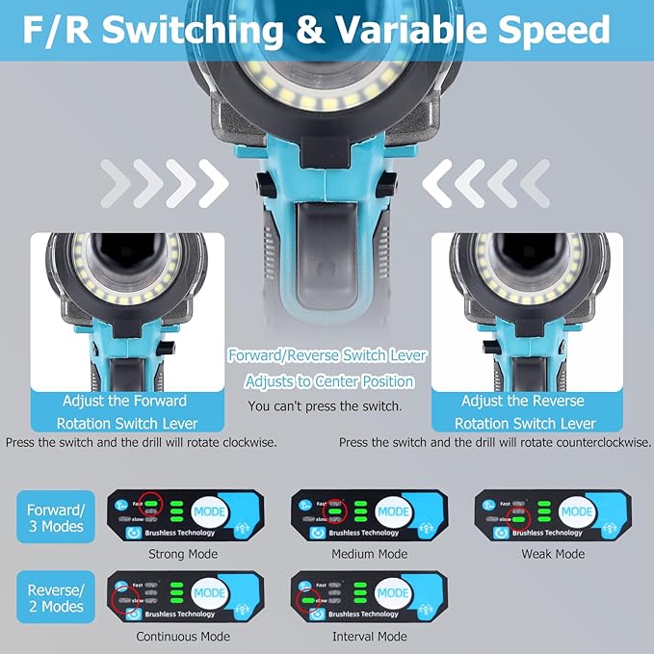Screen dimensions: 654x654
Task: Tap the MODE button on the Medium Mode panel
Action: coord(393,511)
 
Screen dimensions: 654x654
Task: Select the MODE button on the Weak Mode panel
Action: coord(577,511)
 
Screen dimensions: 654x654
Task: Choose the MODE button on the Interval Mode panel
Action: coord(393,593)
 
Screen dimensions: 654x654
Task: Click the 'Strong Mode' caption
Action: coord(183,554)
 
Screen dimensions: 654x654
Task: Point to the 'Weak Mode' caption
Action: coord(553,554)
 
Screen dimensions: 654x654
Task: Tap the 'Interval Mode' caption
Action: coord(368,637)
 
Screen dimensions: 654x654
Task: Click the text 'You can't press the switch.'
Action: coord(326,407)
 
